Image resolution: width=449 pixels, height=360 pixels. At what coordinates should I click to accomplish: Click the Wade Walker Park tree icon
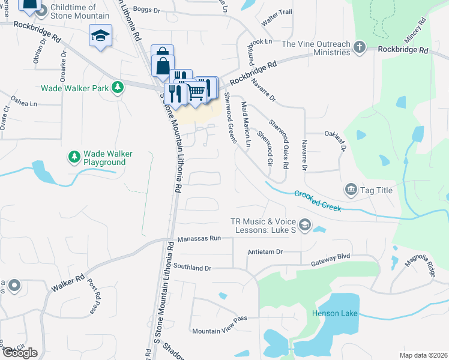pos(118,88)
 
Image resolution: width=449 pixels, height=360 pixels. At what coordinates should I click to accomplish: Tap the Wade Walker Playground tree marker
pos(74,157)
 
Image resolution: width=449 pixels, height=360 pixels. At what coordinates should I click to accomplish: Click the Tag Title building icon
pos(351,190)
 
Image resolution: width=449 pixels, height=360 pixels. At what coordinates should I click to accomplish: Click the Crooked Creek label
pos(318,201)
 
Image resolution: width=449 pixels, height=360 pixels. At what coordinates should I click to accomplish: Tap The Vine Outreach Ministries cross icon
pos(359,47)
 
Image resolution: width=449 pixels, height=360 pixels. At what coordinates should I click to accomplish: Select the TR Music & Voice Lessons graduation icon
pos(304,225)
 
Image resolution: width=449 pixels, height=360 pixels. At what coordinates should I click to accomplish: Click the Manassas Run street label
pos(199,238)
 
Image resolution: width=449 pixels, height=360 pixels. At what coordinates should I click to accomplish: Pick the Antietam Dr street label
pos(265,252)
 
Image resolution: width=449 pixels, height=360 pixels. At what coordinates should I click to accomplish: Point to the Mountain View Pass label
pos(220,331)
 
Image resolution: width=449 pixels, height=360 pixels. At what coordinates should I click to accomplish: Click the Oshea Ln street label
pos(25,103)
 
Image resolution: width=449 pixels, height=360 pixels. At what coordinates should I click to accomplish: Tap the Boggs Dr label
pos(146,9)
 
